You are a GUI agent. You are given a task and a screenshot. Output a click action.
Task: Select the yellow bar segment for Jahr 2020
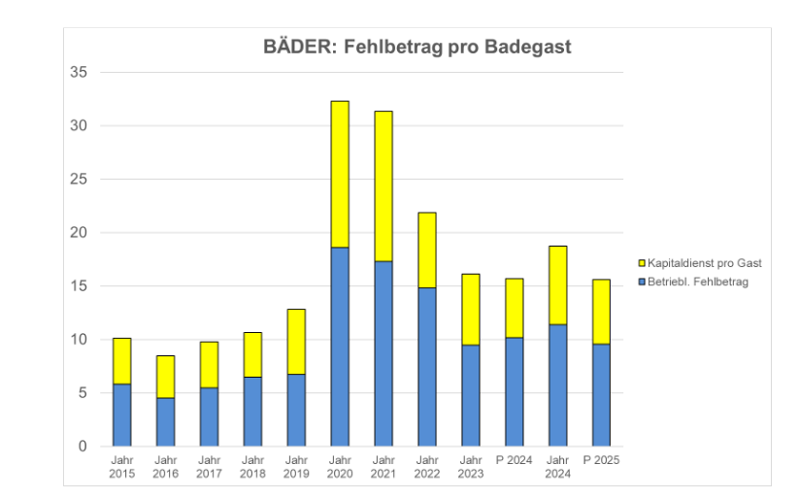pos(340,174)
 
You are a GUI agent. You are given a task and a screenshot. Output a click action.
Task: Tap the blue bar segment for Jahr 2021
pos(383,353)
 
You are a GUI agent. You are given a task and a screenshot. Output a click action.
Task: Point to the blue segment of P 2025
pos(602,394)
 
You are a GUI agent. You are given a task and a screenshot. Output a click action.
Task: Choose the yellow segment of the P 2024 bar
pos(515,308)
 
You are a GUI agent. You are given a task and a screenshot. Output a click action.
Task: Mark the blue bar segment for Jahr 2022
pos(427,366)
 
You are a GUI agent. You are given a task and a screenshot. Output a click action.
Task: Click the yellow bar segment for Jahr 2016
pos(165,377)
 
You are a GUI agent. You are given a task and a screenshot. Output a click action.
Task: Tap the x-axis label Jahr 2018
pos(252,467)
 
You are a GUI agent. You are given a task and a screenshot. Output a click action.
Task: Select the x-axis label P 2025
pos(602,460)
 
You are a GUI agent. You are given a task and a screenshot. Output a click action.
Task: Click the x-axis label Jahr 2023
pos(471,467)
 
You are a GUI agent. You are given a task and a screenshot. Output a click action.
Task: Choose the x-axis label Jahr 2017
pos(209,467)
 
